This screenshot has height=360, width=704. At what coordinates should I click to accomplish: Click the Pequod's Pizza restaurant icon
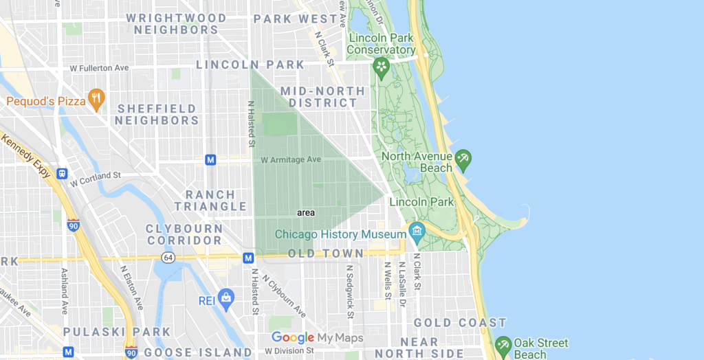[x=96, y=100]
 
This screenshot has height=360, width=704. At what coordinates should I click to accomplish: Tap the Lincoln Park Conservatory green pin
[x=381, y=67]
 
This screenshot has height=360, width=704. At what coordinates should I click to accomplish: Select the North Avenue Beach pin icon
[x=463, y=159]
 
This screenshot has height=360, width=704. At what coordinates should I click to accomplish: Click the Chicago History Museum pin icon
[x=417, y=232]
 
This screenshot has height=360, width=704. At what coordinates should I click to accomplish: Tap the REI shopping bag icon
[x=225, y=297]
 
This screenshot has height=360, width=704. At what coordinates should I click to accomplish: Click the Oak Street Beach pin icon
[x=503, y=346]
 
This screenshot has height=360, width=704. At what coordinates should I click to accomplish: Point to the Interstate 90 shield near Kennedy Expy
[x=74, y=225]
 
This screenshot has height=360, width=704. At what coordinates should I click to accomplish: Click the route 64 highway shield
[x=167, y=257]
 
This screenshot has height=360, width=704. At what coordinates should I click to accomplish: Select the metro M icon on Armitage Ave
[x=211, y=160]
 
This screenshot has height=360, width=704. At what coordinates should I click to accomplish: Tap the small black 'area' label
[x=306, y=213]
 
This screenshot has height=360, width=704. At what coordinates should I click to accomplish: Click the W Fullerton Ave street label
[x=100, y=68]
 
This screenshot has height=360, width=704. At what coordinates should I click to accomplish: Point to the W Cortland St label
[x=96, y=176]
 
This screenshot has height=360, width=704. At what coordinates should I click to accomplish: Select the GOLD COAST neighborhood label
[x=460, y=322]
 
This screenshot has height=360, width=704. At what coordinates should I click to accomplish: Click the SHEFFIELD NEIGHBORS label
[x=157, y=115]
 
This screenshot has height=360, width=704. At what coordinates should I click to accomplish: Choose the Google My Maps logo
[x=317, y=337]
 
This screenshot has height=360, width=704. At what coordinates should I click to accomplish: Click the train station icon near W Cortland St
[x=62, y=174]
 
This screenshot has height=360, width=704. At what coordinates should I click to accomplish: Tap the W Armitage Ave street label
[x=291, y=159]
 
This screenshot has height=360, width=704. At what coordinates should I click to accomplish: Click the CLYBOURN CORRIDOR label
[x=184, y=234]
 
